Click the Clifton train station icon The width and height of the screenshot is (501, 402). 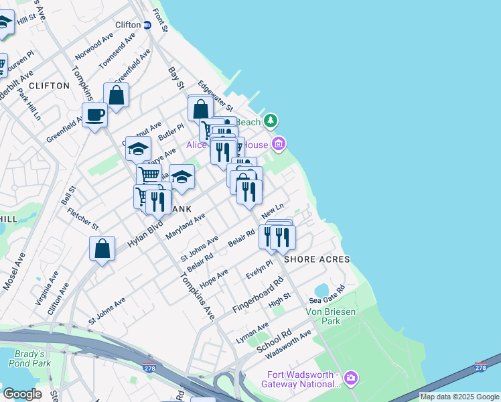[x=147, y=25]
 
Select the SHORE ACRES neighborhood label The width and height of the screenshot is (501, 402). [x=317, y=259]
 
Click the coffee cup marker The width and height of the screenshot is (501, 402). [x=94, y=115]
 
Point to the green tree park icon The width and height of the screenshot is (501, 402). [x=271, y=121]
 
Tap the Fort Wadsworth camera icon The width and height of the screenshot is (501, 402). [x=351, y=379]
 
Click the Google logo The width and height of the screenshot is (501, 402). [x=22, y=394]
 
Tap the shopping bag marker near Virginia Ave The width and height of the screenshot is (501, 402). [x=102, y=249]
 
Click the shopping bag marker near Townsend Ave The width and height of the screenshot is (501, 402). [x=117, y=95]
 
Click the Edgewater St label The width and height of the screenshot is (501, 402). [x=215, y=96]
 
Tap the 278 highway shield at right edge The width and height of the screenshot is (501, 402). [x=480, y=366]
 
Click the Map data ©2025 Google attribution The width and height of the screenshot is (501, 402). [x=459, y=397]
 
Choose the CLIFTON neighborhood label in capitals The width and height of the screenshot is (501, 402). [x=50, y=86]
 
